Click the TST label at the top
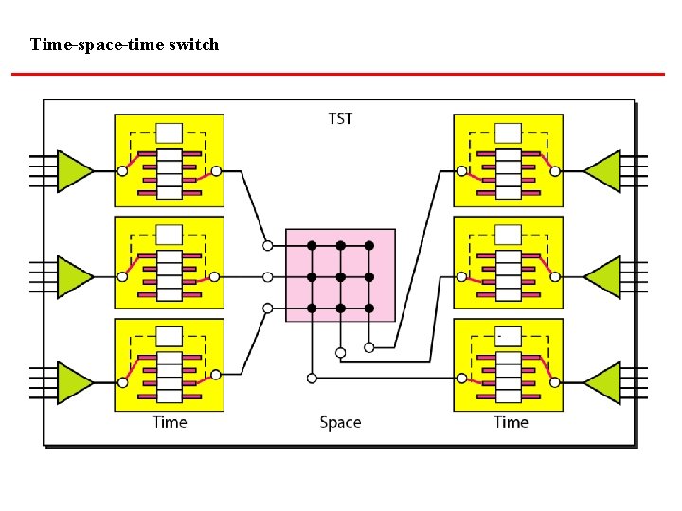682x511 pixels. [x=340, y=118]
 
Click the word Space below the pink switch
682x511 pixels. [x=340, y=422]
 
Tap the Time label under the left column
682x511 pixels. [x=170, y=422]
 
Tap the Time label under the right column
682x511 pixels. [x=511, y=422]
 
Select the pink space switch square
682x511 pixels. [x=340, y=274]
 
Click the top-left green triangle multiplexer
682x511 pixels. [x=74, y=171]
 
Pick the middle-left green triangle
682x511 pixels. [x=74, y=276]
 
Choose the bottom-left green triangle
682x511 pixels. [x=74, y=382]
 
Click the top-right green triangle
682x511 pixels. [x=603, y=171]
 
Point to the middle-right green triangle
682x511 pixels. [x=603, y=276]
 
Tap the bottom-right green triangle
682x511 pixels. [x=603, y=382]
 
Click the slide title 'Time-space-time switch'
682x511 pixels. [x=124, y=44]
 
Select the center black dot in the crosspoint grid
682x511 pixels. [x=340, y=277]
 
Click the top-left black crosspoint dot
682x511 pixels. [x=312, y=246]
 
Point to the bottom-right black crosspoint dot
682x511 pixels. [x=369, y=308]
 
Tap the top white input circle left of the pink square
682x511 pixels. [x=268, y=246]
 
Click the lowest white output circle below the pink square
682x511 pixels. [x=312, y=379]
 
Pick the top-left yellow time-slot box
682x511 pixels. [x=170, y=160]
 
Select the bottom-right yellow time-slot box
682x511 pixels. [x=509, y=364]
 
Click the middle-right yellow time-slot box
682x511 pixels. [x=509, y=262]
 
